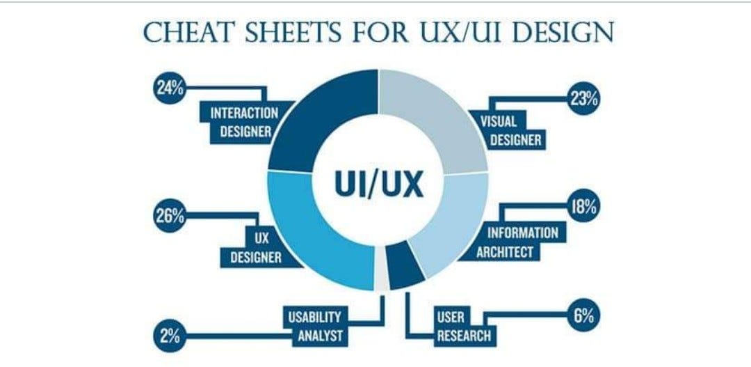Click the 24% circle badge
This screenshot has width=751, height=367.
pos(167,88)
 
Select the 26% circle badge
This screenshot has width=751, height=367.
pos(168,215)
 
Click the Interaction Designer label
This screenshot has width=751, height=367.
pos(239,122)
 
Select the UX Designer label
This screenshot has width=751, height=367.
pos(256,249)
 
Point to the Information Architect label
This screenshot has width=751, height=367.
pos(522,242)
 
